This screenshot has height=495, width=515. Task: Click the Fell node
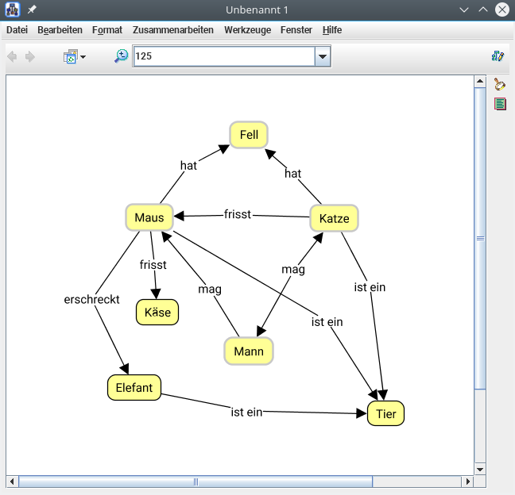click(x=249, y=135)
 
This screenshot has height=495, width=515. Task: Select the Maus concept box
click(x=149, y=218)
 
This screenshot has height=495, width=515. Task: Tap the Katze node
click(x=334, y=218)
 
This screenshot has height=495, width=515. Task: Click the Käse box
click(x=157, y=313)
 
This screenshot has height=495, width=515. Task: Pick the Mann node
click(x=249, y=351)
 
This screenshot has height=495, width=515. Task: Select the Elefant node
click(x=134, y=388)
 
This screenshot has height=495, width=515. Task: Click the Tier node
click(x=385, y=413)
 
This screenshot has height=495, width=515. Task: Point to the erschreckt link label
click(x=92, y=300)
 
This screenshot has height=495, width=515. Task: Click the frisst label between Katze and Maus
click(x=238, y=214)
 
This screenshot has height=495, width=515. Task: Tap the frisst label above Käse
click(x=153, y=265)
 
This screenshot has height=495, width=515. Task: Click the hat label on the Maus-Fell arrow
click(x=188, y=166)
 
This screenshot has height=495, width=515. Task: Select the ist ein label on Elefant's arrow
click(x=246, y=412)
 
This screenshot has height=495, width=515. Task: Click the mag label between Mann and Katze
click(x=293, y=270)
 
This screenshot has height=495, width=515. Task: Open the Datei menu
click(x=17, y=30)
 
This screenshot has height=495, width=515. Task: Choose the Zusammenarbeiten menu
click(x=172, y=30)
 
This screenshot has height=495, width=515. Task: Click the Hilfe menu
click(x=332, y=30)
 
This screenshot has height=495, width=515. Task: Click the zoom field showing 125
click(x=223, y=56)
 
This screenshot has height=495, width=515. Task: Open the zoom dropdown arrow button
click(x=323, y=56)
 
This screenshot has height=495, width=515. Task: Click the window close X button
click(x=502, y=10)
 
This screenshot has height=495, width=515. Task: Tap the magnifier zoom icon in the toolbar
click(x=121, y=56)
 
